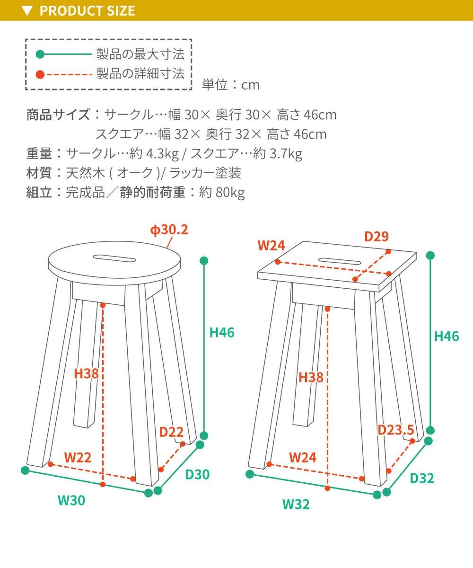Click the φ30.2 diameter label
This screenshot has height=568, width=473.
(169, 230)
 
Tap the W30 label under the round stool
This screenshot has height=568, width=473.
(71, 500)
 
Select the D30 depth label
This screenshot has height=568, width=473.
(197, 474)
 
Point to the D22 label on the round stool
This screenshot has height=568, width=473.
(171, 432)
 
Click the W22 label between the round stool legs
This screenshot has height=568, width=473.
(78, 457)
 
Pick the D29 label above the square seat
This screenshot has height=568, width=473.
(377, 236)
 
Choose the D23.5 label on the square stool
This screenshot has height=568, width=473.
(396, 430)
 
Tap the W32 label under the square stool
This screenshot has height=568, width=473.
(296, 504)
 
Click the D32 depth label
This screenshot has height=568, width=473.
(422, 478)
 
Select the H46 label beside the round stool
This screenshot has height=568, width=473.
(222, 332)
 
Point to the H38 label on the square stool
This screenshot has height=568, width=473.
(311, 377)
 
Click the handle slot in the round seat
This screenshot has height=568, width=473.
(114, 258)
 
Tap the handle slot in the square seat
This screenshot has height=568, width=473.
(340, 261)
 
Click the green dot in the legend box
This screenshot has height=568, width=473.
(40, 54)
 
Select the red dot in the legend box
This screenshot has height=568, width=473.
(40, 74)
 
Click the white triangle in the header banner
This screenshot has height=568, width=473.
(27, 11)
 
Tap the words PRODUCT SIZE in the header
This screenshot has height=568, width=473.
(87, 10)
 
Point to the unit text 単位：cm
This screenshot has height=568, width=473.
(230, 85)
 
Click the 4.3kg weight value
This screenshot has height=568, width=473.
(163, 154)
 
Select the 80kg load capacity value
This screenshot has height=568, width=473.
(230, 193)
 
